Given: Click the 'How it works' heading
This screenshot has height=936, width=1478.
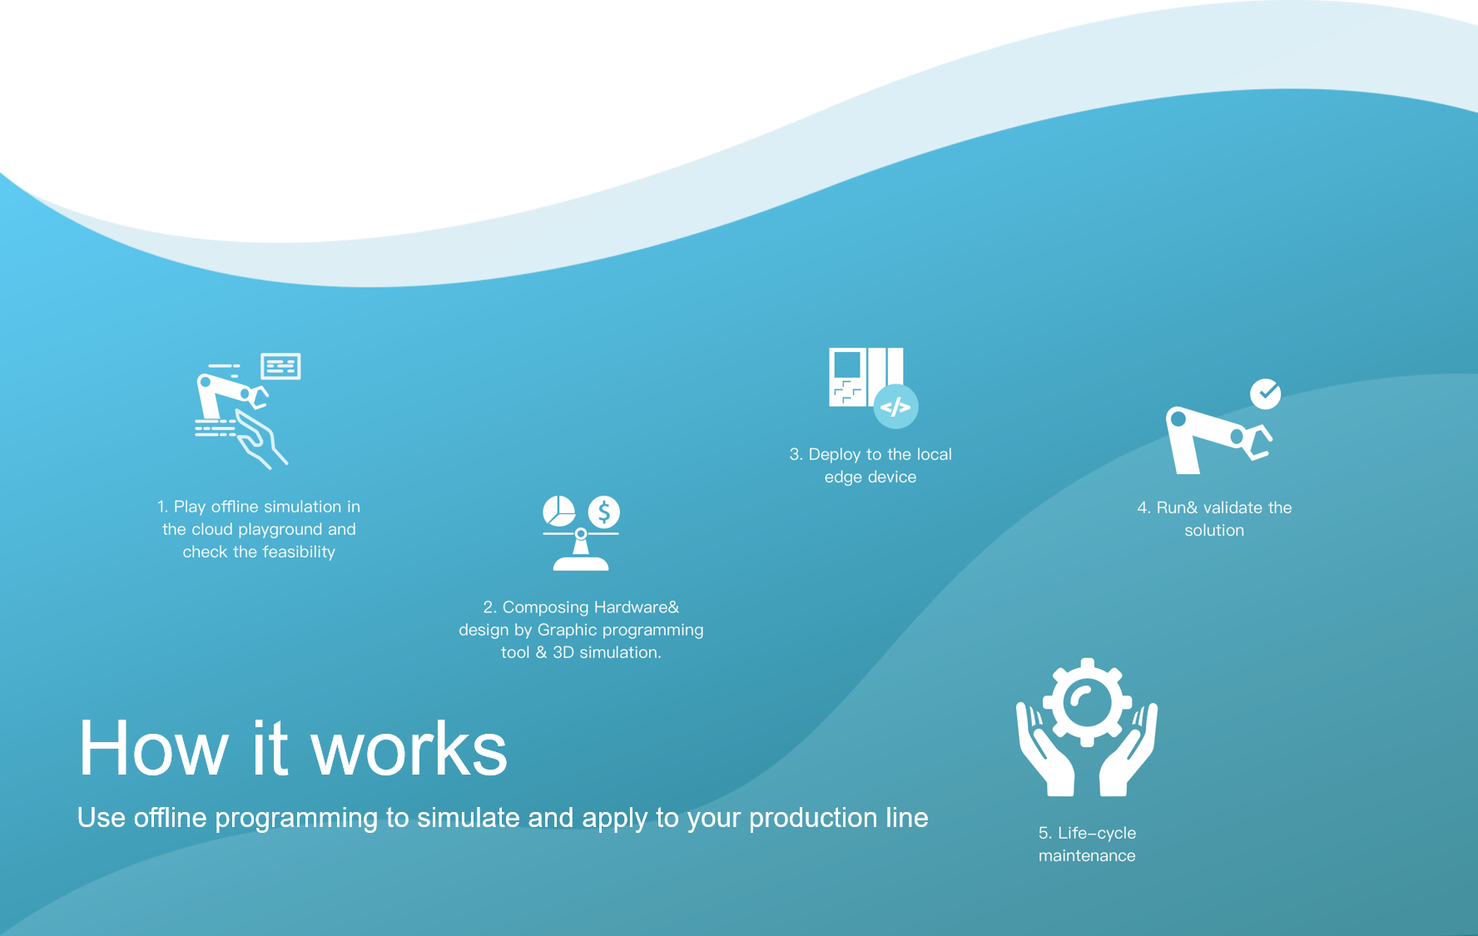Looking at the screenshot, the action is coord(293,749).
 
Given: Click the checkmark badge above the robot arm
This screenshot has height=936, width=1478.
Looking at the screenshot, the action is coord(1265,394).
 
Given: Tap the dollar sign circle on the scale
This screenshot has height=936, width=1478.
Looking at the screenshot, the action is coord(604,512).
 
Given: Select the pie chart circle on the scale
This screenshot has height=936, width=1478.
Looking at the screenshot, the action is coord(559,512).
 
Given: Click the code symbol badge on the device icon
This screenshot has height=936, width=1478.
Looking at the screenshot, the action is coord(895,407).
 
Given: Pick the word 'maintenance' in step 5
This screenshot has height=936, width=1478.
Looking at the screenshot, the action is coord(1087,855).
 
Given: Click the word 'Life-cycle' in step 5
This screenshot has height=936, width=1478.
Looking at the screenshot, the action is coord(1097,833).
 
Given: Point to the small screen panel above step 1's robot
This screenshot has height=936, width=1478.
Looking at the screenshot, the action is coord(280,366).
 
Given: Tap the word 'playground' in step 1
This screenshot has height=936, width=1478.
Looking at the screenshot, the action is coord(280,530).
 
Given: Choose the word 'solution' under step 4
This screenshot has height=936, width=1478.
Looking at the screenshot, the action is coord(1214,530).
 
